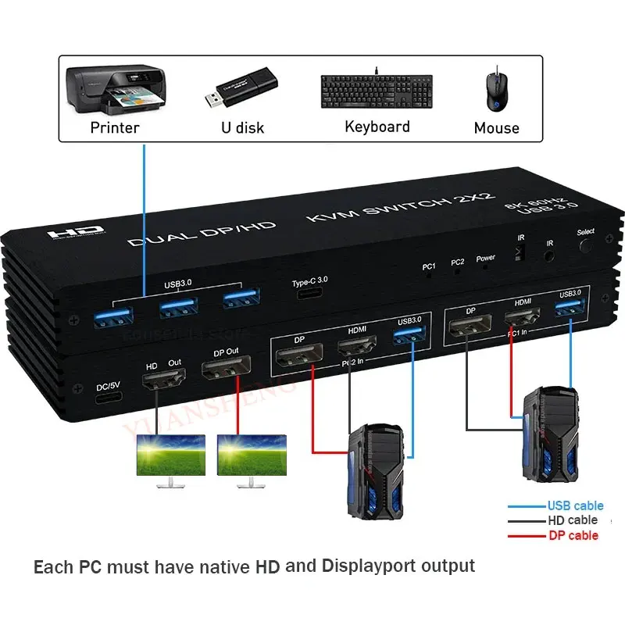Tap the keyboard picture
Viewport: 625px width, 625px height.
pyautogui.click(x=376, y=91)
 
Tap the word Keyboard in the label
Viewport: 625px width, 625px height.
pyautogui.click(x=377, y=127)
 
